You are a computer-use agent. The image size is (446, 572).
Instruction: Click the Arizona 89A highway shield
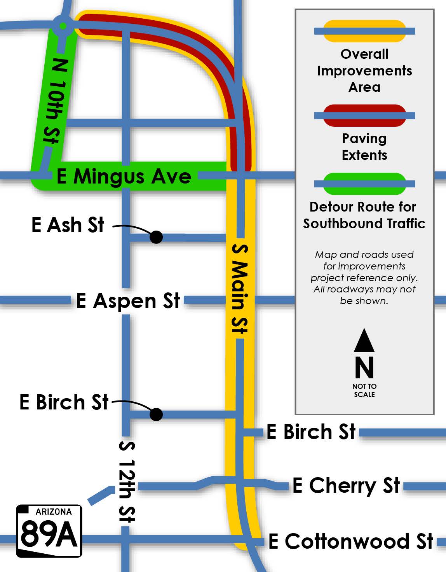coord(49,531)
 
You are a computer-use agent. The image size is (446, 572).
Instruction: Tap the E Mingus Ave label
coord(124,177)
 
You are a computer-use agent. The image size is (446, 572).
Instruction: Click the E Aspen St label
coord(128,301)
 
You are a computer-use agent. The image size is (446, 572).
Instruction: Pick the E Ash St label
coord(68,225)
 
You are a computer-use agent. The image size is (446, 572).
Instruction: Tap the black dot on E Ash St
coord(156,237)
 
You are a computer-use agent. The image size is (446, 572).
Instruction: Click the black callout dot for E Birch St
coord(156,414)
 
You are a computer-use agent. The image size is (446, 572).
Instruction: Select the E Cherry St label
coord(346,485)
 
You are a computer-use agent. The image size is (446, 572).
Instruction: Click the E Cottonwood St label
coord(351,541)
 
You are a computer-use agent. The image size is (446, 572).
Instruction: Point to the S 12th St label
coord(127,482)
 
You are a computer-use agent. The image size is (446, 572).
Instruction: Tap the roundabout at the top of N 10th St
coord(63,26)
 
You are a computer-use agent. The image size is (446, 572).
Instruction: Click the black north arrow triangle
coord(364,341)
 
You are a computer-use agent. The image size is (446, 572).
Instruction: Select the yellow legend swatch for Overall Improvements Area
coord(364,31)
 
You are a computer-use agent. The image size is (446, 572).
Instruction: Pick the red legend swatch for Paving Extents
coord(364,115)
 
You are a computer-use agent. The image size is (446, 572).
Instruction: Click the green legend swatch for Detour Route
coord(364,184)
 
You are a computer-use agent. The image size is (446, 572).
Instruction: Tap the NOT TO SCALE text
coord(364,390)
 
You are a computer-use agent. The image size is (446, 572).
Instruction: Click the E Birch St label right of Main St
coord(311,432)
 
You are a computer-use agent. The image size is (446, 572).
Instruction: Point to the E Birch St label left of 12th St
coord(64,402)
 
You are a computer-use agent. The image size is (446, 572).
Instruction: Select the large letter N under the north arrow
coord(364,367)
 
